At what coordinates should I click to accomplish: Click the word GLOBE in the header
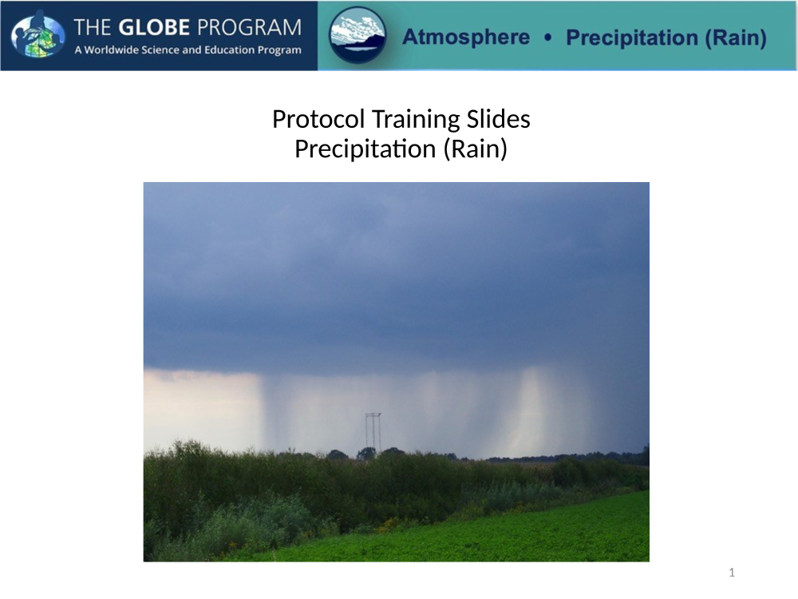click(x=154, y=27)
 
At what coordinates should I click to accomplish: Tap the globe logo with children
click(x=38, y=34)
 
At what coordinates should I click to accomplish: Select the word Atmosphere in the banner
click(x=466, y=38)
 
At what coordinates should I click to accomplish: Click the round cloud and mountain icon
click(x=358, y=34)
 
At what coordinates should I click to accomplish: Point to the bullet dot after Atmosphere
click(x=547, y=38)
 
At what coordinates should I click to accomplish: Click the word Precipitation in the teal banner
click(x=632, y=38)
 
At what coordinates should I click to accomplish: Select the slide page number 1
click(x=732, y=573)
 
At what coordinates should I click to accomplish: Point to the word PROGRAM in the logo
click(x=249, y=27)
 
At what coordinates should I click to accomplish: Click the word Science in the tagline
click(x=161, y=50)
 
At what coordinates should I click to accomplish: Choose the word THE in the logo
click(x=93, y=27)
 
